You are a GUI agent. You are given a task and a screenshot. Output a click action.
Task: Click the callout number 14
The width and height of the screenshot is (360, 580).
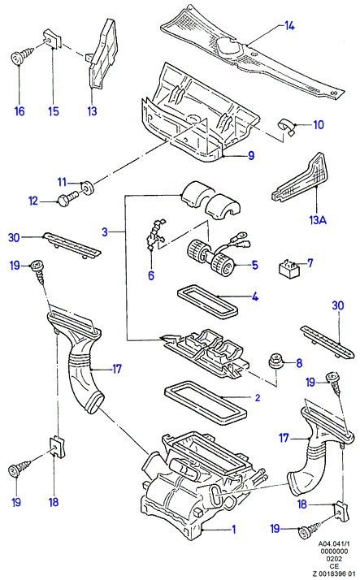click(289, 26)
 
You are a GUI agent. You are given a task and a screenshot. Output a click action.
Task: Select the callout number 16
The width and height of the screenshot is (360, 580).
click(20, 111)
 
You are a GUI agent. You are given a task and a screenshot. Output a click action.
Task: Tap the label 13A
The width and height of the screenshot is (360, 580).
click(318, 220)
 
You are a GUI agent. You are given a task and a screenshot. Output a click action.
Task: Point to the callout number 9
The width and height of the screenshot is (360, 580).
click(251, 155)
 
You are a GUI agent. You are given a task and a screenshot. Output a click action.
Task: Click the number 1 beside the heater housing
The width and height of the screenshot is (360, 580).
click(234, 530)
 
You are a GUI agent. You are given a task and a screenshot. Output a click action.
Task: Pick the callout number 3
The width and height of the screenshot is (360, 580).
click(105, 232)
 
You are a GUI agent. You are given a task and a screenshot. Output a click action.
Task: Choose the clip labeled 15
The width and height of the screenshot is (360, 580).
click(51, 38)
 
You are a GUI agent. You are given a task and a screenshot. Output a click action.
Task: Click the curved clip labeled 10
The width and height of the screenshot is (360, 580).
click(287, 127)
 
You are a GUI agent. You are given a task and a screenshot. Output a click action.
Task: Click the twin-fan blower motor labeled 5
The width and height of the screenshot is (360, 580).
click(211, 256)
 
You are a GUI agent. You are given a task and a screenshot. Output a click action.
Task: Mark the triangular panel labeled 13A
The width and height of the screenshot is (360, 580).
click(301, 178)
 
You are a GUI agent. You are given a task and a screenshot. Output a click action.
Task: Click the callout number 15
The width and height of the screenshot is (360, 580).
click(54, 111)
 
